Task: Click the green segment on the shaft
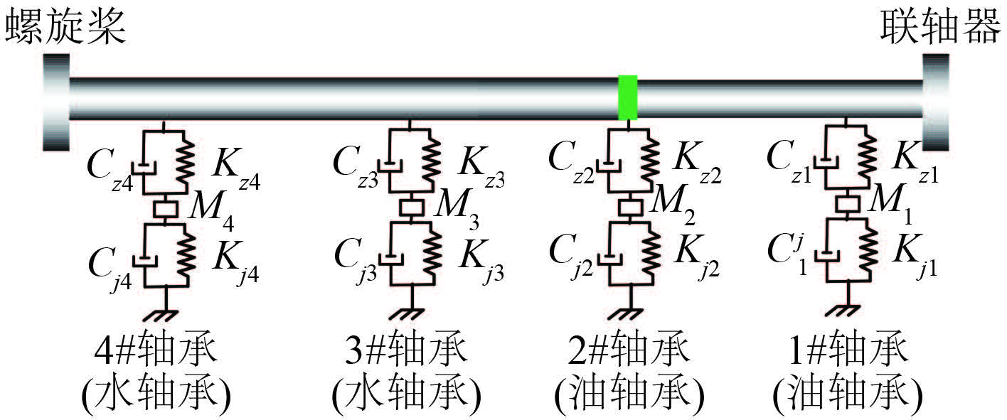click(x=627, y=97)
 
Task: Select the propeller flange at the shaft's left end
click(x=55, y=101)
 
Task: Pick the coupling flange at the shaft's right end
click(x=935, y=101)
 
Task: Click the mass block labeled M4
click(x=165, y=209)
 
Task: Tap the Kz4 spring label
click(x=235, y=170)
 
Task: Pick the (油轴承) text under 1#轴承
click(x=847, y=393)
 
